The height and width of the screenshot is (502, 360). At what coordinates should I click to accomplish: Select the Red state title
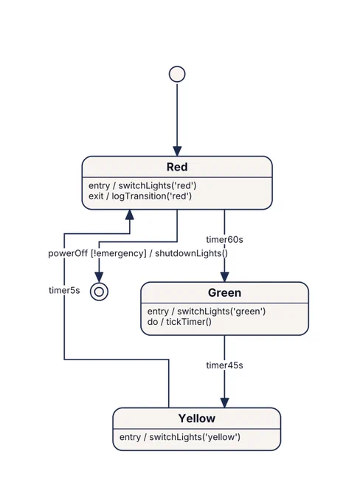click(x=177, y=167)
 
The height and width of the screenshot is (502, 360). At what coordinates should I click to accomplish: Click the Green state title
click(x=224, y=292)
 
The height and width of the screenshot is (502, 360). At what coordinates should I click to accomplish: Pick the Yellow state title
click(x=196, y=419)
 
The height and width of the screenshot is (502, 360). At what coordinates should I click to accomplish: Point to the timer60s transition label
click(x=224, y=239)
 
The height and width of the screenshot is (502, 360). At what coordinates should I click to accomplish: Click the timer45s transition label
click(x=224, y=365)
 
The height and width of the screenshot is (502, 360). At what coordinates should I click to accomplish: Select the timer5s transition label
click(x=64, y=290)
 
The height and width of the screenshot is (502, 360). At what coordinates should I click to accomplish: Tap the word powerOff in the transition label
click(x=68, y=253)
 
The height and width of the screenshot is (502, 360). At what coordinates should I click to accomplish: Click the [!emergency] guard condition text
click(x=118, y=253)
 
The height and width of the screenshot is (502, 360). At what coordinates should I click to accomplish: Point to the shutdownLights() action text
click(x=191, y=253)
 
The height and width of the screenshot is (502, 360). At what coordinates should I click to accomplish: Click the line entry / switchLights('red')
click(x=142, y=186)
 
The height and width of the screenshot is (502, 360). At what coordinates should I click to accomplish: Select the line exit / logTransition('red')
click(x=140, y=196)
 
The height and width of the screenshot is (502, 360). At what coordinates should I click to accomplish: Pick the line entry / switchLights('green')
click(x=207, y=312)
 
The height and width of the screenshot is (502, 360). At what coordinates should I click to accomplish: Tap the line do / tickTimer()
click(x=179, y=322)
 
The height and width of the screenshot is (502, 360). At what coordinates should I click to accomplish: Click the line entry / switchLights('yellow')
click(x=179, y=437)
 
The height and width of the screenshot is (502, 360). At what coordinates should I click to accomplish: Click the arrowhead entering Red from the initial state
click(x=177, y=151)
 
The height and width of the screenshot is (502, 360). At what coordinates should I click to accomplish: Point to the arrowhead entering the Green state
click(x=224, y=278)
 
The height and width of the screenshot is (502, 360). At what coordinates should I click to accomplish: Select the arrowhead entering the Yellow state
click(x=224, y=403)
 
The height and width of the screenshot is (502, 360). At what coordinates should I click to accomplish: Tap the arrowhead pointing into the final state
click(x=99, y=278)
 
